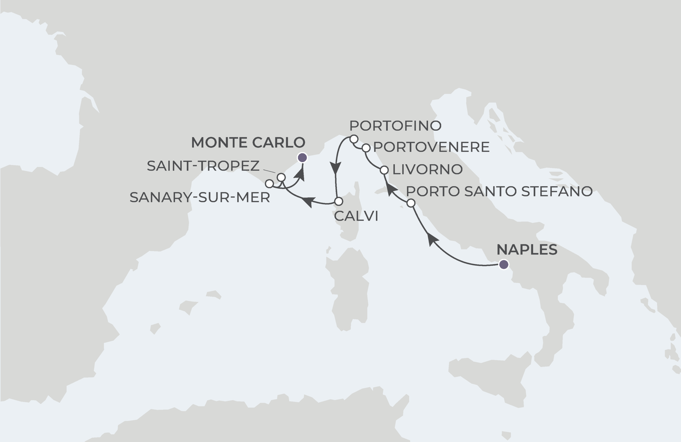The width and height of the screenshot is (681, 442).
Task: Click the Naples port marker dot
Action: tap(504, 265)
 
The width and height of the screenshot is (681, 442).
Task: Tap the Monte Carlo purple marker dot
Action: tap(302, 158)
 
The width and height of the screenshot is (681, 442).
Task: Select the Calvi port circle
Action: tap(338, 201)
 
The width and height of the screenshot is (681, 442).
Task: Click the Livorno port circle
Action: tap(384, 170)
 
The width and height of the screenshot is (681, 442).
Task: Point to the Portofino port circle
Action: tap(354, 139)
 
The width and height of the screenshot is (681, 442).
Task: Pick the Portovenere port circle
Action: tap(366, 148)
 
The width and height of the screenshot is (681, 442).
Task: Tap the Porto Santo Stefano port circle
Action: tap(411, 203)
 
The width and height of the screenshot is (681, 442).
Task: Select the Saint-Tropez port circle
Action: tap(281, 177)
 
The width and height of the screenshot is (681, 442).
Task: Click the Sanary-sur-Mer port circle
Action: tap(269, 184)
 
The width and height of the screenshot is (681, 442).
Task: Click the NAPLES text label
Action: tap(527, 250)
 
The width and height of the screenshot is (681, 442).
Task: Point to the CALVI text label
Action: tap(356, 216)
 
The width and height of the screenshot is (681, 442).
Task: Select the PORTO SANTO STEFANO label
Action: tap(499, 191)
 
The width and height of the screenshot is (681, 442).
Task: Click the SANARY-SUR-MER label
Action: tap(200, 197)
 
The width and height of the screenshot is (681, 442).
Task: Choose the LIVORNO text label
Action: tap(427, 170)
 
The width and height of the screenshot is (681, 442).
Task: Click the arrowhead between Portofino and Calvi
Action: tap(335, 168)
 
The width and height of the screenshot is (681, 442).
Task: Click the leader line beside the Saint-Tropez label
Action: tap(269, 171)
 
